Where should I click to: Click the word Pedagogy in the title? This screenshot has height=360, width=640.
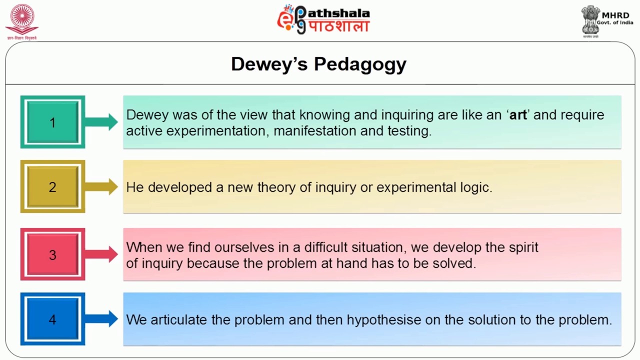tap(360, 64)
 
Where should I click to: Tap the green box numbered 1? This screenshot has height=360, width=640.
tap(52, 122)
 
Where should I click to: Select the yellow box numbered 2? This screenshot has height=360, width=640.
tap(52, 187)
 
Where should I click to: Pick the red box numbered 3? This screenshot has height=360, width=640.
tap(52, 254)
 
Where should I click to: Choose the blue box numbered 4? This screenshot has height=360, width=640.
tap(52, 319)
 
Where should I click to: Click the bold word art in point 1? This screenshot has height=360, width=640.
tap(518, 115)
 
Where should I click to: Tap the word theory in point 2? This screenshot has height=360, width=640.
tap(273, 187)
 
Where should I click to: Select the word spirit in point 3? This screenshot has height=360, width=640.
tap(523, 247)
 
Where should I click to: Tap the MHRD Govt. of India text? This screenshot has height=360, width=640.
tap(615, 18)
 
